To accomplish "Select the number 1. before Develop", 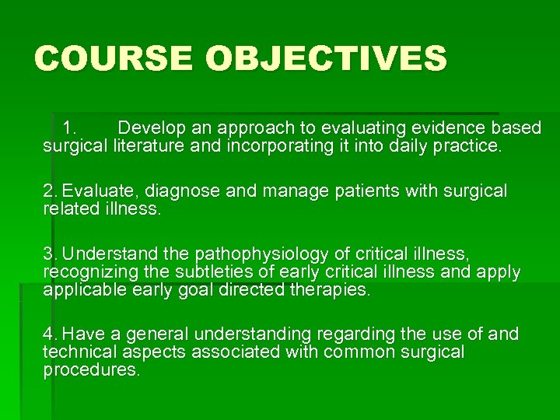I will click(x=69, y=127).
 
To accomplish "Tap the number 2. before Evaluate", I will click(x=51, y=191).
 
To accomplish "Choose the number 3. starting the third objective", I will click(x=51, y=254).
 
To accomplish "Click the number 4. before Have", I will click(x=51, y=334).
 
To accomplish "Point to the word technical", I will click(x=76, y=352).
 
